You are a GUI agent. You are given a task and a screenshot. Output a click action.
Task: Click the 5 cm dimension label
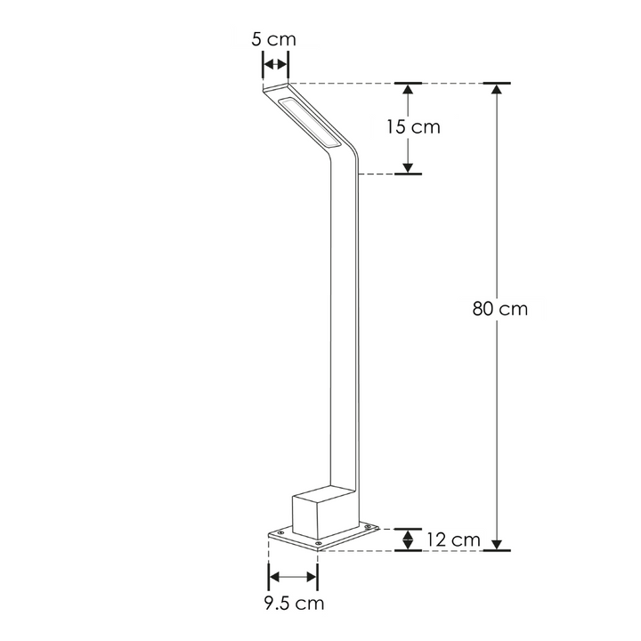274,39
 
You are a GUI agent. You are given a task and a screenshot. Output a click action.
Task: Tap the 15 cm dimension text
413,126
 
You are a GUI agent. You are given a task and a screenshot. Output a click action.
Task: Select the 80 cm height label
499,310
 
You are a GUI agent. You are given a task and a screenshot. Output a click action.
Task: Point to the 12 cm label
452,540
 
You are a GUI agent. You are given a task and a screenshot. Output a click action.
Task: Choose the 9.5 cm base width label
294,604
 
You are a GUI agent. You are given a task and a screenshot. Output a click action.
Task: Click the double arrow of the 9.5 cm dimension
293,577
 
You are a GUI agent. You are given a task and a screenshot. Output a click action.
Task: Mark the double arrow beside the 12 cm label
409,539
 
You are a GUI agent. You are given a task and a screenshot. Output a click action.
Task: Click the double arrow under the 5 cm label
275,63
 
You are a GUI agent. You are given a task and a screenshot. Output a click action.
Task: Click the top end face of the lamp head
276,89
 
